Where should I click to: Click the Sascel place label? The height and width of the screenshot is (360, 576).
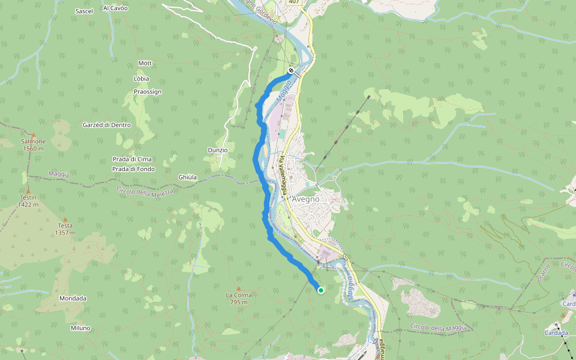click(84, 11)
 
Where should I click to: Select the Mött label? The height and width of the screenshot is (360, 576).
click(145, 63)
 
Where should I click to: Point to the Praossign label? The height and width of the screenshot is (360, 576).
click(148, 92)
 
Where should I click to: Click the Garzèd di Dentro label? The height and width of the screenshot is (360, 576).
click(106, 125)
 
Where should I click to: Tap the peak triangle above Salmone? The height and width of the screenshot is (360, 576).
click(33, 135)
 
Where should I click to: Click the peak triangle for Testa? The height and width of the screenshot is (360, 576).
click(65, 219)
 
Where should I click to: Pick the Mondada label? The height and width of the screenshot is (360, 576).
click(73, 298)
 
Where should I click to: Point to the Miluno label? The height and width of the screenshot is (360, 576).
click(80, 328)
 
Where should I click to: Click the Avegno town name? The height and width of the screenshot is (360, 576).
click(305, 199)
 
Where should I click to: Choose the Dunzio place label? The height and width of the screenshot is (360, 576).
click(217, 150)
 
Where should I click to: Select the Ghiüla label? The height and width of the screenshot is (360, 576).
click(187, 177)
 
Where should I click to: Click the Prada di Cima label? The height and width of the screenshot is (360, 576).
click(132, 159)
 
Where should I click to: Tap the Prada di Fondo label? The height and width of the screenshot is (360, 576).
click(133, 169)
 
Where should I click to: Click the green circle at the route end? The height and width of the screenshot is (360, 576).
click(321, 290)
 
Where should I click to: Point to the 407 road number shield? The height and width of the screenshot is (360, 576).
click(293, 2)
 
